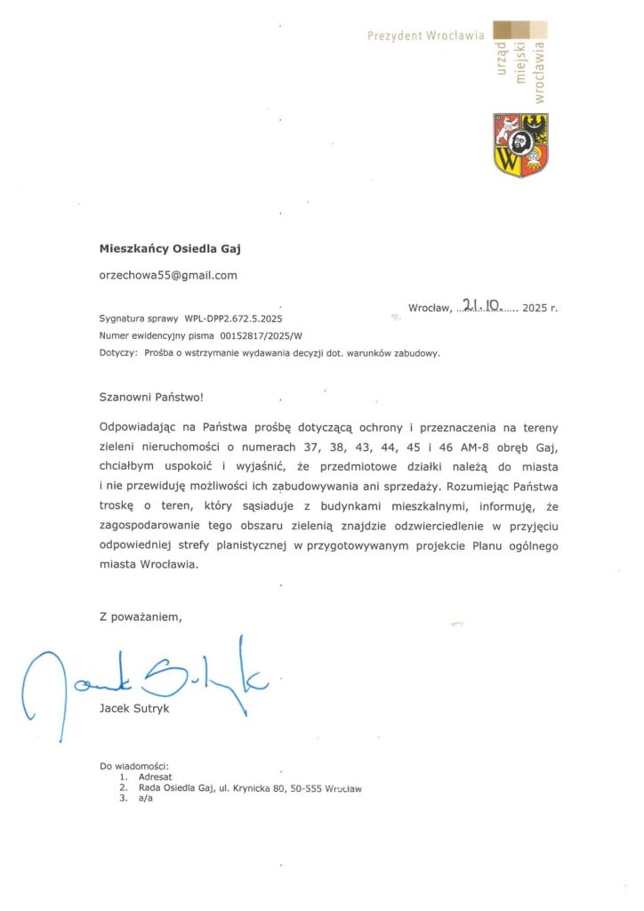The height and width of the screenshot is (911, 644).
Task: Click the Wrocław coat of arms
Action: click(520, 145)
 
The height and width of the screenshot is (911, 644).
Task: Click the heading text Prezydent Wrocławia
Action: click(426, 36)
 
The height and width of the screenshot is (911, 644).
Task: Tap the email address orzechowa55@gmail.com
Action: click(168, 275)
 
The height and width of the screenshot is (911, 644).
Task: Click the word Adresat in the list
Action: click(157, 776)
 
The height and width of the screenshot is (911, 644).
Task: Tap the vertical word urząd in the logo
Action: click(501, 65)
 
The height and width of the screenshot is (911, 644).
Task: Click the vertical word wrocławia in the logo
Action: click(539, 69)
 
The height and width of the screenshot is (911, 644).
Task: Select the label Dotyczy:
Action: click(118, 353)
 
